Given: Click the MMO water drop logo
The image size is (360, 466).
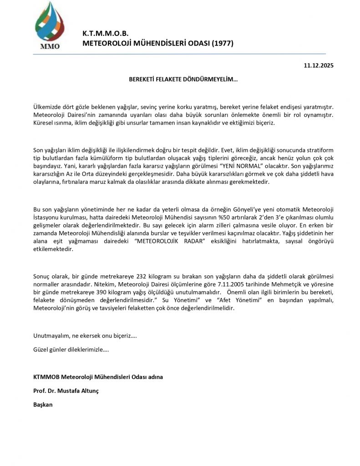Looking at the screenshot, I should tap(47, 25).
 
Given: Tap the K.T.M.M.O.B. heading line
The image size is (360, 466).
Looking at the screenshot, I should tap(106, 34).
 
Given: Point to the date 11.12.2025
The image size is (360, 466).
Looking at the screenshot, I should tap(319, 66).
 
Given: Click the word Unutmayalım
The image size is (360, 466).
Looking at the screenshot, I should tap(50, 336).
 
